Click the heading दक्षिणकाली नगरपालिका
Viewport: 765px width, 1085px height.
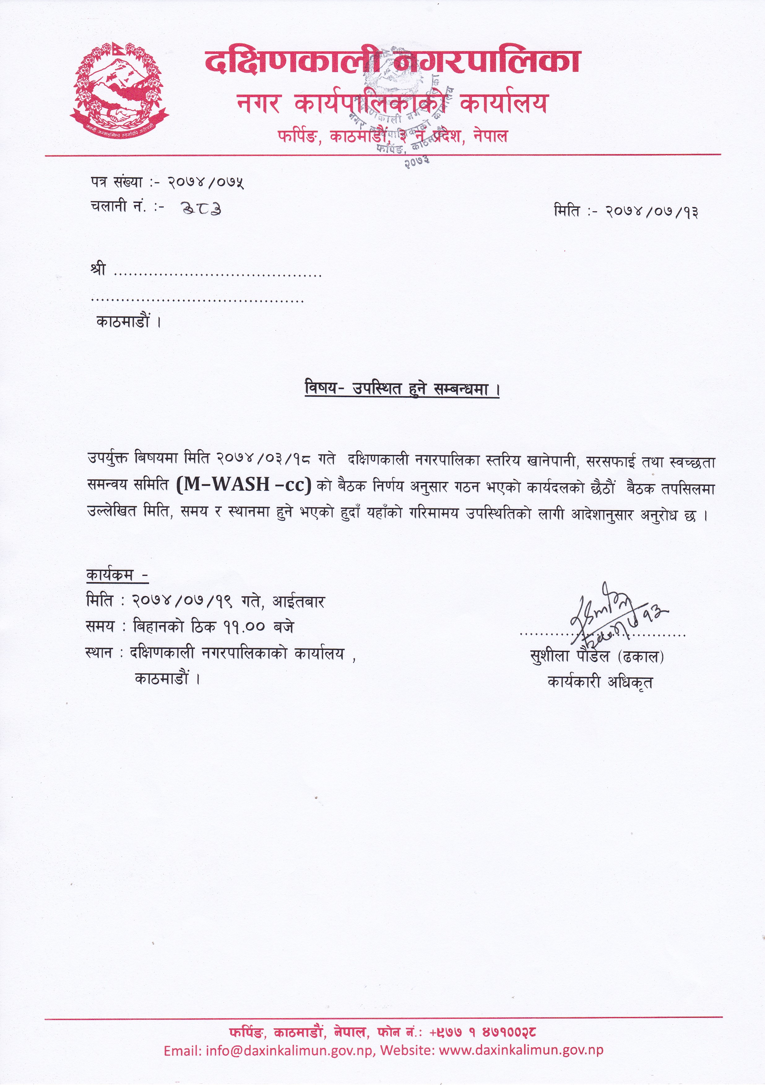(392, 62)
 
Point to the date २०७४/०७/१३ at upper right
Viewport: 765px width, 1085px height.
(652, 211)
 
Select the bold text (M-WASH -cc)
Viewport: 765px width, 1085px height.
(244, 485)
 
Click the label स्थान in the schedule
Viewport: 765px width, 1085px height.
(99, 654)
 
